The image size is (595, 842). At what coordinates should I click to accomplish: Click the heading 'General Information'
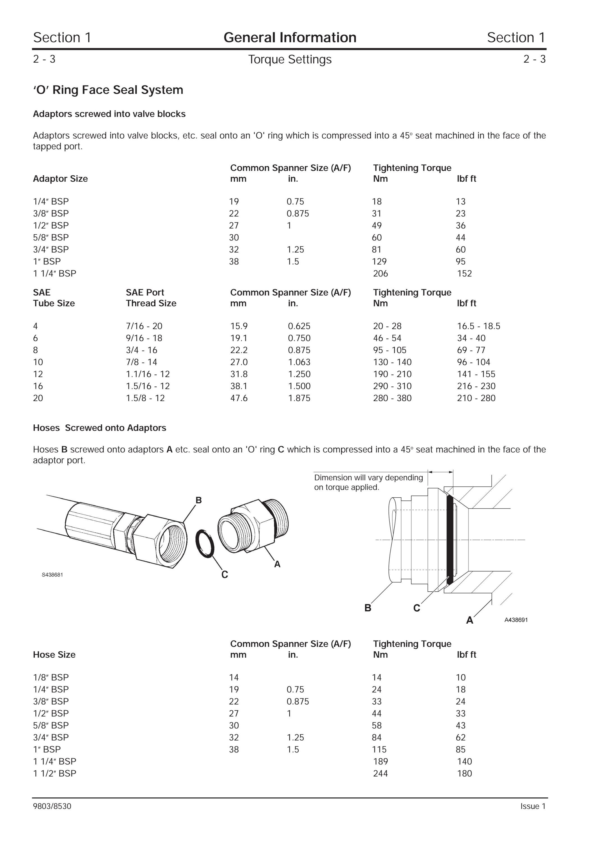(290, 37)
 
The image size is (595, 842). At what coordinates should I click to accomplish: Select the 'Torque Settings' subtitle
(290, 60)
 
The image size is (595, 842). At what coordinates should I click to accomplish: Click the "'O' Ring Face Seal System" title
(108, 90)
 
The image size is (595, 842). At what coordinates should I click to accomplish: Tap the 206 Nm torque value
(380, 274)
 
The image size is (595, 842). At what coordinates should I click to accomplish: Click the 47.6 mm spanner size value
(239, 398)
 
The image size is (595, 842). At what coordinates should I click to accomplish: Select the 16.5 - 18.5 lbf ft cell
(479, 326)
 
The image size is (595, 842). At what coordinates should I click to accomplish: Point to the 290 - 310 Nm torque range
(392, 386)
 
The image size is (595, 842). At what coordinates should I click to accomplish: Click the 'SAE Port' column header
(145, 292)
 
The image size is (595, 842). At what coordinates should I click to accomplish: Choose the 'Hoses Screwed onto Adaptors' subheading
(99, 428)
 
